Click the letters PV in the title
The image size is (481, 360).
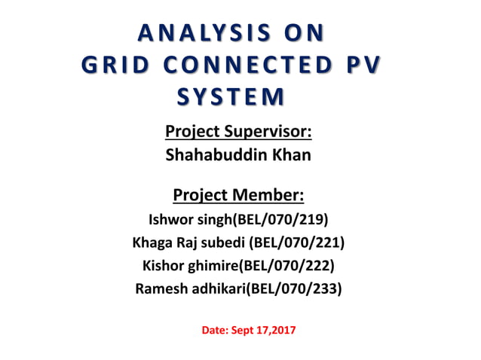pos(362,66)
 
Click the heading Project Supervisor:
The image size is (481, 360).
pos(238,132)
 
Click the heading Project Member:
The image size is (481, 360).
pos(239,196)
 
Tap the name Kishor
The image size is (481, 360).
pos(163,265)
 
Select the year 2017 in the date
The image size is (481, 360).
pos(283,329)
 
